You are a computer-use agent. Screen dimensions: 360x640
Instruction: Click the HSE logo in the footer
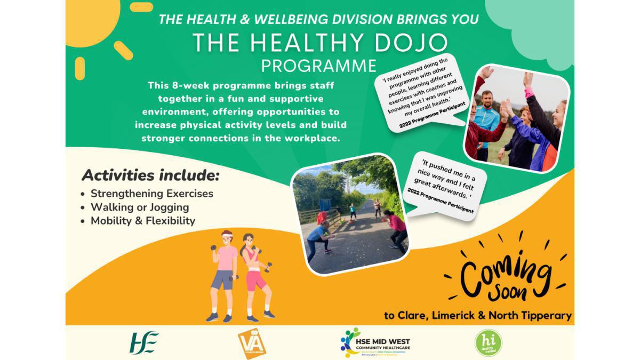point(145,342)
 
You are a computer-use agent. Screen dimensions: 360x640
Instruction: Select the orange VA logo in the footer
point(252,342)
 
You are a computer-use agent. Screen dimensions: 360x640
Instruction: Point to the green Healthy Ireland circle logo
point(488,343)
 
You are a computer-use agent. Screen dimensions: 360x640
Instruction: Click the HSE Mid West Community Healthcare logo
point(376,342)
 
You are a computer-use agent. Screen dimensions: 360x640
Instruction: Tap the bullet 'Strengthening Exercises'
point(151,194)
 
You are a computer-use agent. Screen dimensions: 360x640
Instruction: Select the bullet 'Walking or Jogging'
point(140,207)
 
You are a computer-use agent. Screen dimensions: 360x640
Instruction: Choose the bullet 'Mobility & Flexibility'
point(142,221)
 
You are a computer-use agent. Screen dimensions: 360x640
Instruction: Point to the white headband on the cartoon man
point(227,236)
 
